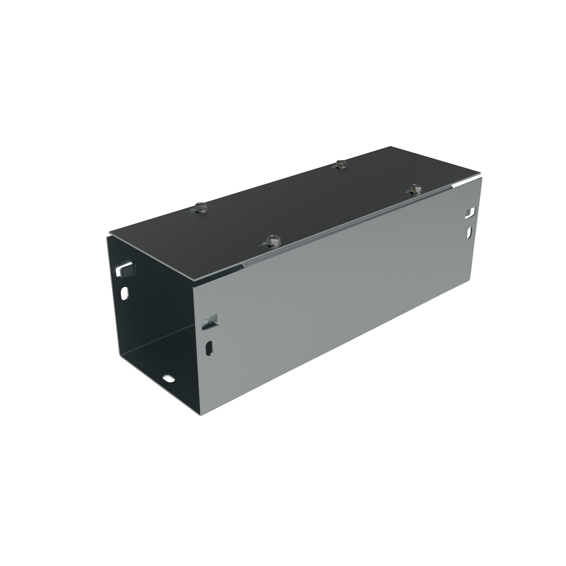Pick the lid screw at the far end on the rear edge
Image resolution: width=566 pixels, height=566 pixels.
tap(340, 164)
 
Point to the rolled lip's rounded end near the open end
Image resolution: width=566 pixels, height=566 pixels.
tap(242, 266)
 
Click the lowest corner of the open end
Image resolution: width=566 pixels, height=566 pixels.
tap(199, 416)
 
